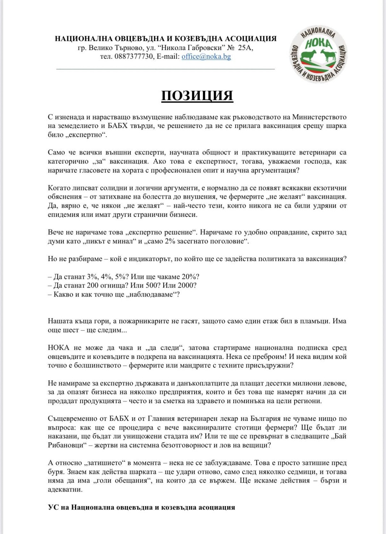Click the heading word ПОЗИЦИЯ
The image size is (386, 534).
coord(197,95)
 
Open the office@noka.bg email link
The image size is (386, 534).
coord(206,57)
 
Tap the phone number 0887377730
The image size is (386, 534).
coord(133,57)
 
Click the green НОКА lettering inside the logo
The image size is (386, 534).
coord(318,44)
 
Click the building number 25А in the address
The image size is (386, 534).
coord(245,48)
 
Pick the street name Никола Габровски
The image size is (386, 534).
coord(193,48)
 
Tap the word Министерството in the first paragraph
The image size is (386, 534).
coord(319,117)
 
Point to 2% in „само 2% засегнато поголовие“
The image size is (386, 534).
coord(170,241)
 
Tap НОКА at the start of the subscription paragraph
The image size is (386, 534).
coord(58,348)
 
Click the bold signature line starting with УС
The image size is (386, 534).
coord(141,508)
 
